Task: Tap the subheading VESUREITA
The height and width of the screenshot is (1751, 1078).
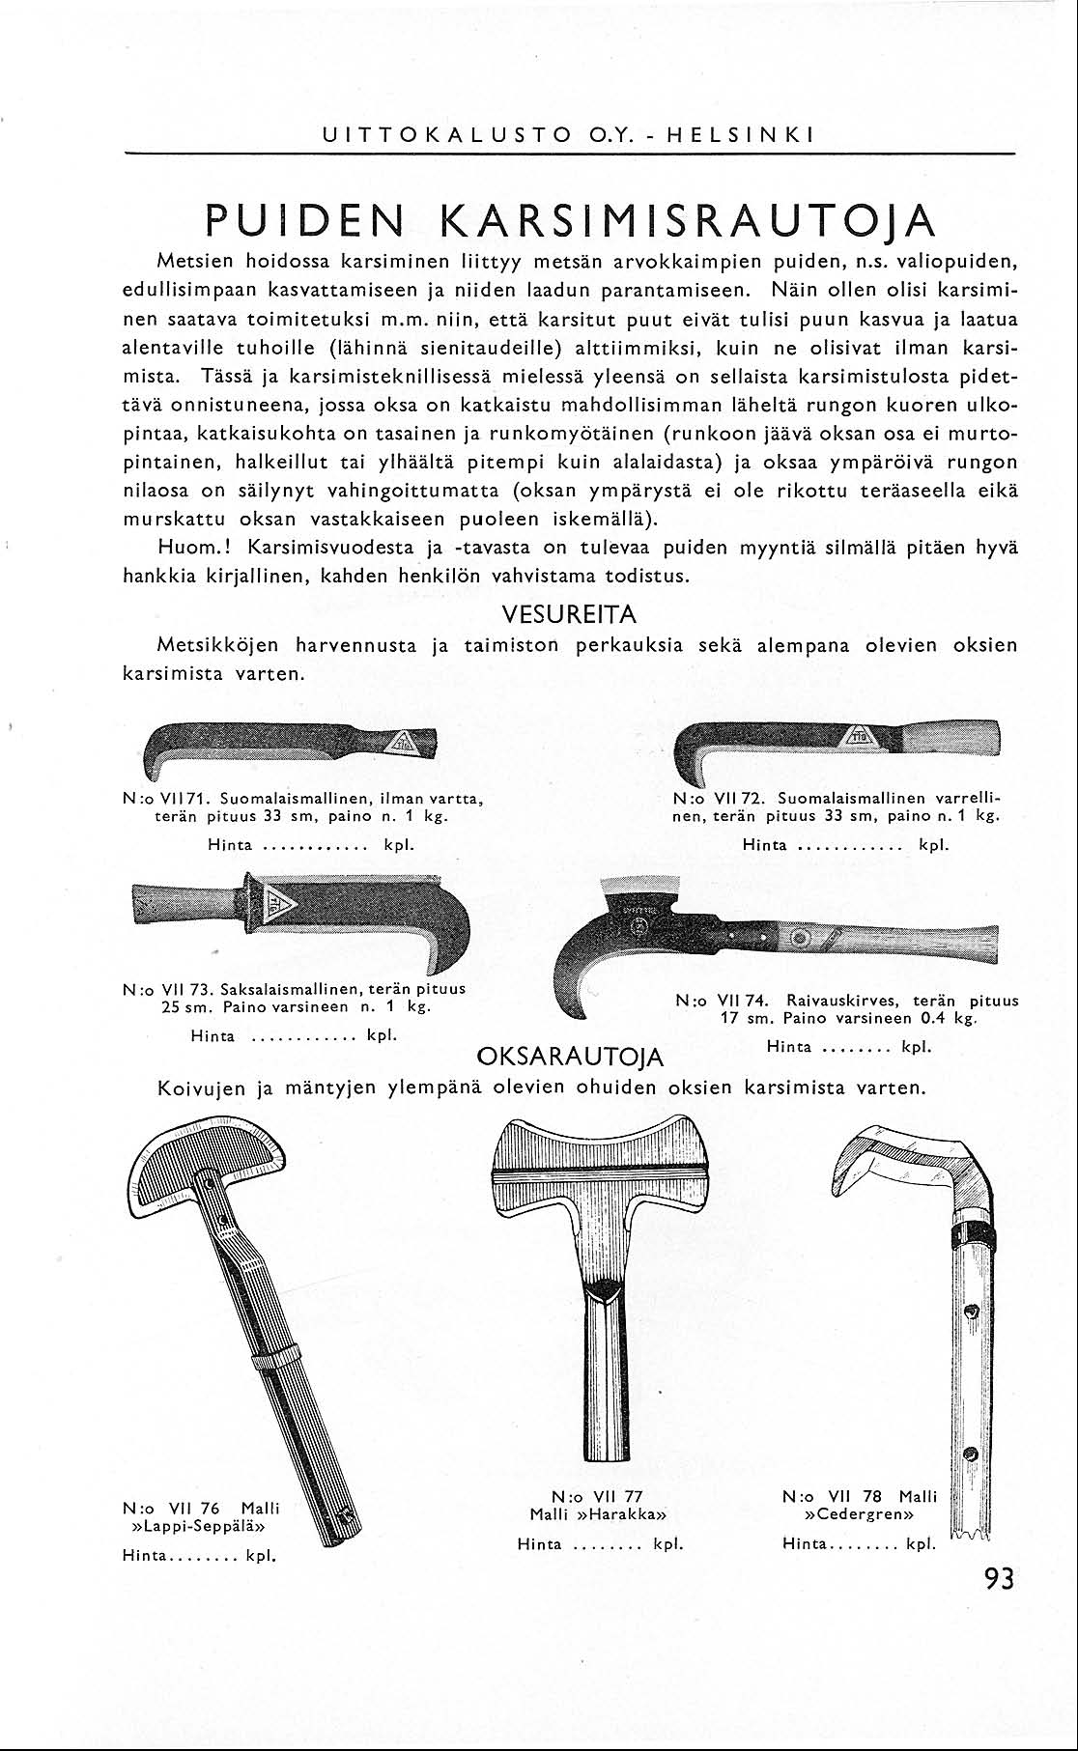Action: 569,614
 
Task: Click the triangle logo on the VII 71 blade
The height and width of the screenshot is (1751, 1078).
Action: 403,745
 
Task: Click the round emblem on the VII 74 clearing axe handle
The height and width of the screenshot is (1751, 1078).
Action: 800,938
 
